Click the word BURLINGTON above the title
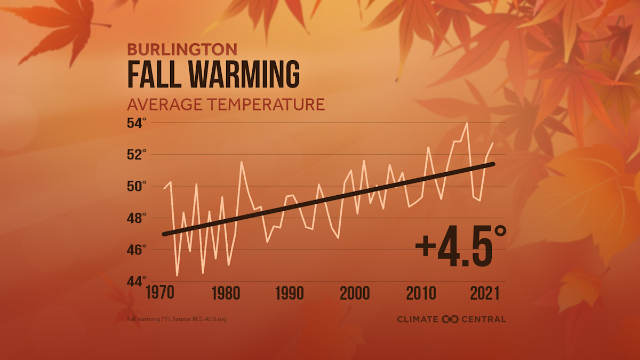click(182, 50)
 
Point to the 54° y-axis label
click(136, 123)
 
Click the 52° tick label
click(136, 155)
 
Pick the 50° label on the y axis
click(136, 186)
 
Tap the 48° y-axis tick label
click(136, 218)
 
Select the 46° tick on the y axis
click(136, 249)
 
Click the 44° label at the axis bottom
click(136, 281)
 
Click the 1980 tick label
click(226, 294)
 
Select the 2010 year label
click(421, 294)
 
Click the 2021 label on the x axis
click(481, 294)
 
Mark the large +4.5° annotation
click(460, 246)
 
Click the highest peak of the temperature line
click(467, 123)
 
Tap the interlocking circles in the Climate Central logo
click(450, 319)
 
